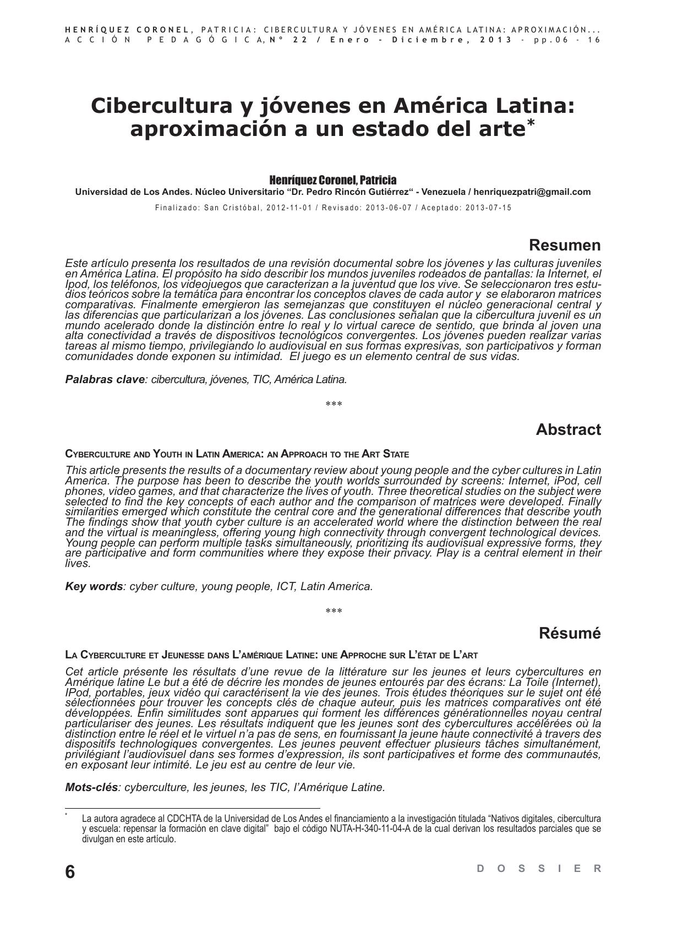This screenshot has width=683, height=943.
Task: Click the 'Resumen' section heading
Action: click(565, 245)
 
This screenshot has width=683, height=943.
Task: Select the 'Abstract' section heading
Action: click(568, 429)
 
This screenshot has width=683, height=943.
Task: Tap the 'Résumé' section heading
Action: click(570, 633)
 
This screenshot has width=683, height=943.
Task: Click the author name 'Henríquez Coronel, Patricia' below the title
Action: click(332, 180)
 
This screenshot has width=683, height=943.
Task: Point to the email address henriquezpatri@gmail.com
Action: click(532, 192)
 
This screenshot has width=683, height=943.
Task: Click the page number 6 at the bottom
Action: click(70, 872)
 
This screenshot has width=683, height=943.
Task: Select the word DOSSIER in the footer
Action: click(539, 869)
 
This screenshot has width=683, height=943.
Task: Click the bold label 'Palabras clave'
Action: click(105, 379)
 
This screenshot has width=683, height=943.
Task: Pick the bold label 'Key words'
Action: click(94, 586)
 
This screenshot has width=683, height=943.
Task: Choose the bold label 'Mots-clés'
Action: click(91, 787)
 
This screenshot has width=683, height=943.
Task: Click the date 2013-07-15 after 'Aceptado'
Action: click(488, 208)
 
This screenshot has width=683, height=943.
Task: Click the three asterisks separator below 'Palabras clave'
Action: click(334, 405)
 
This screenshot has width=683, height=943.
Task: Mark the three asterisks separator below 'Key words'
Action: click(334, 612)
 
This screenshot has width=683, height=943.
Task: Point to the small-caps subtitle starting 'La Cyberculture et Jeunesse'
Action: click(271, 655)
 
